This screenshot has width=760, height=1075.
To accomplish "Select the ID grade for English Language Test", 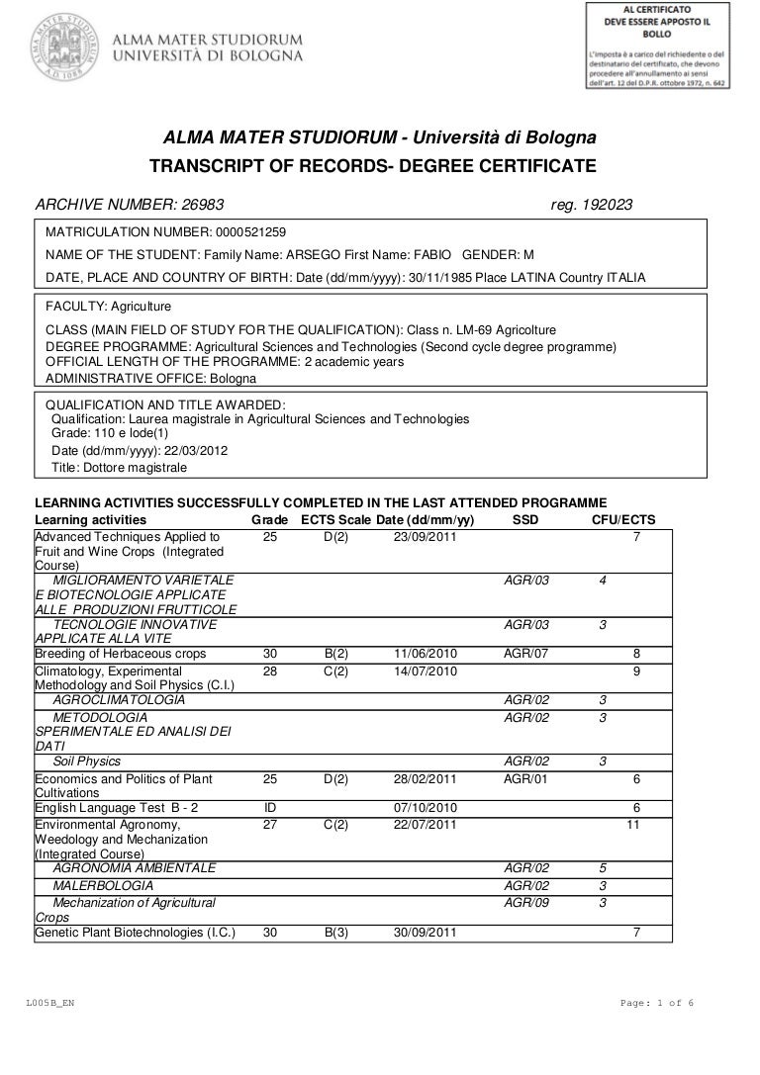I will (268, 807).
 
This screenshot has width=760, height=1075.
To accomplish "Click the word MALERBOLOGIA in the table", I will (103, 884).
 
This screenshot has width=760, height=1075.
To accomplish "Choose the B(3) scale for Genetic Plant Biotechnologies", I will (335, 931).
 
